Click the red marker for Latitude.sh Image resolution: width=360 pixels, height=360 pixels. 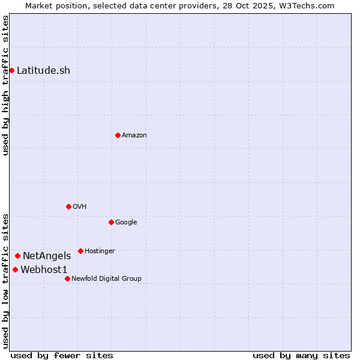click(x=11, y=71)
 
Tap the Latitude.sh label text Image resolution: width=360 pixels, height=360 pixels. click(x=43, y=71)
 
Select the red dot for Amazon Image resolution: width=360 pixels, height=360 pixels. click(x=118, y=135)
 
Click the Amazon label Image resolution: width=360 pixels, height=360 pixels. click(x=134, y=136)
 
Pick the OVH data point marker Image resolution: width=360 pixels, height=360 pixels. click(x=68, y=206)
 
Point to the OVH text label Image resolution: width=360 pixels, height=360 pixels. click(x=80, y=207)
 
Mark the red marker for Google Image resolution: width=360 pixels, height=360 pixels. click(x=111, y=222)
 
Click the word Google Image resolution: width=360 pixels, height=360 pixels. click(x=126, y=223)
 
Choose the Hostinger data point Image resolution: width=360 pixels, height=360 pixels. click(x=80, y=251)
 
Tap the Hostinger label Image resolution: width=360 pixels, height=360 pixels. click(x=100, y=251)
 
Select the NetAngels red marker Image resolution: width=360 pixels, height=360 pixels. click(x=17, y=256)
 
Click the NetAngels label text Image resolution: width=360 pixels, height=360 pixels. click(x=47, y=256)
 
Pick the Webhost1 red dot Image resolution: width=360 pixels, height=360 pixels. click(x=15, y=269)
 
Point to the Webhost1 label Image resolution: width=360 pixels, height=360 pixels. click(x=44, y=270)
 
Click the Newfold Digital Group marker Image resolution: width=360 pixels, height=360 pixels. click(x=67, y=278)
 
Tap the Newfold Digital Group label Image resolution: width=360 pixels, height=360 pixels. click(x=106, y=279)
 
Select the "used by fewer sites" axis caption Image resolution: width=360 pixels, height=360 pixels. click(x=62, y=355)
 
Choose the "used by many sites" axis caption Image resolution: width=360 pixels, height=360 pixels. click(x=301, y=355)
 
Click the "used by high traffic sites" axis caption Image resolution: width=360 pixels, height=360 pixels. click(x=5, y=85)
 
